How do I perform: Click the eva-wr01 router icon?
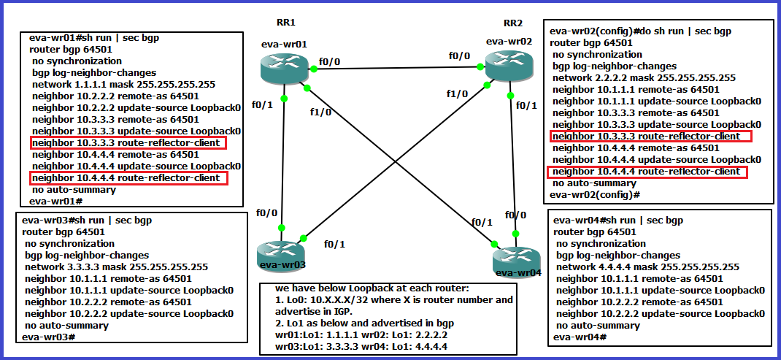284,69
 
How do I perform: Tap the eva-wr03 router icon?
281,253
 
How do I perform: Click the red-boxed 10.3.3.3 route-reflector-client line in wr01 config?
128,142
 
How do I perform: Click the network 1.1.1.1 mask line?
123,85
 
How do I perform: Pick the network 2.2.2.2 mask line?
643,78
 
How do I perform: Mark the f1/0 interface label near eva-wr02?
457,93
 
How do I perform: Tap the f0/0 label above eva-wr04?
515,215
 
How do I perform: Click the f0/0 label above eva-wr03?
266,213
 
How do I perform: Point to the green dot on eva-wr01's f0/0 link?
314,69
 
